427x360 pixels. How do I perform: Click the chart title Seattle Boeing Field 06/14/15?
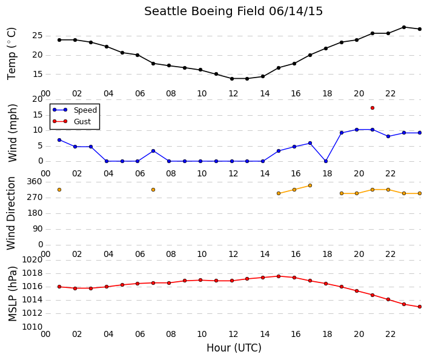pos(233,12)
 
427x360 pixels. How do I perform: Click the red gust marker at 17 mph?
pos(372,108)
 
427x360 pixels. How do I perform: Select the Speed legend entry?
pos(75,110)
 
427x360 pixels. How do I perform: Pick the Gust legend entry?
pos(71,122)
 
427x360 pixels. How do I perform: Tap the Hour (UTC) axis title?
pos(234,348)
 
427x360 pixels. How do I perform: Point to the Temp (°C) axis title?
pos(12,54)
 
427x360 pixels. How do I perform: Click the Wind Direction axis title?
pos(11,213)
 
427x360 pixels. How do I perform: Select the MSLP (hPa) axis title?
pos(13,294)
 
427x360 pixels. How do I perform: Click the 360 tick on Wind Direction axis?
pos(35,181)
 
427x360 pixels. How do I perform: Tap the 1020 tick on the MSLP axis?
pos(32,259)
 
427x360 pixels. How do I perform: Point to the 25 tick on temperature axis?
pos(38,36)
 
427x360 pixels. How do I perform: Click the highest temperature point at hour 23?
pos(404,27)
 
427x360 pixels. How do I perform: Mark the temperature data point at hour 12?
pos(232,79)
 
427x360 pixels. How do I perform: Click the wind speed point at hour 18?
pos(326,161)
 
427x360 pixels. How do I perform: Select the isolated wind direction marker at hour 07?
pos(153,190)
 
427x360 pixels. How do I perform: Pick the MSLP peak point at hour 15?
pos(279,276)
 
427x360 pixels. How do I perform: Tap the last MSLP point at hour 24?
pos(420,307)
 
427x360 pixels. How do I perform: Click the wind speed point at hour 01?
pos(59,140)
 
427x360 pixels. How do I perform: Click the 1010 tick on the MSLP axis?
pos(32,327)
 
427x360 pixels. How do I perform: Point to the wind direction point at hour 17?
pos(310,185)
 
